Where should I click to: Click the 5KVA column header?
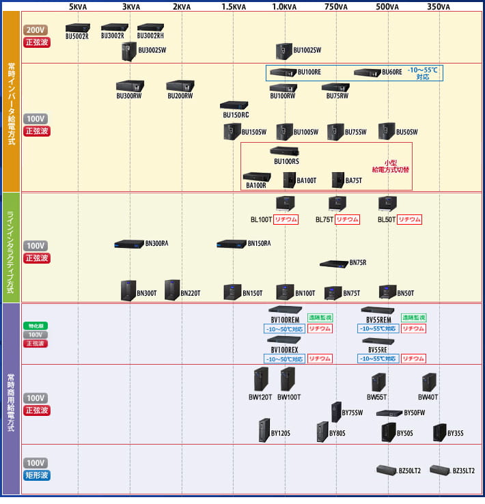point(78,7)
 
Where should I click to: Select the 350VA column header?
point(439,7)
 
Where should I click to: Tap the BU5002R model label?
point(77,36)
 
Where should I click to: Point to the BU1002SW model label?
point(307,50)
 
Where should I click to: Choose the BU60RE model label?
point(392,72)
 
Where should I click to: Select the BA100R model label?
point(255,185)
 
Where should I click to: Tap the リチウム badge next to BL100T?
point(287,219)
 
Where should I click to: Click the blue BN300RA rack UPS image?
point(128,244)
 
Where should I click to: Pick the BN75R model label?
point(358,262)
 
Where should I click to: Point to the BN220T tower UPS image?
point(171,290)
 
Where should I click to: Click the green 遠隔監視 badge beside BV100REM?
point(319,318)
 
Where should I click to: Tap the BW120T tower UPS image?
point(260,379)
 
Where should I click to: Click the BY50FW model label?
point(415,412)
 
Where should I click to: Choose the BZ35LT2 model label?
point(465,471)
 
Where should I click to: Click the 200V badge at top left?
point(35,30)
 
